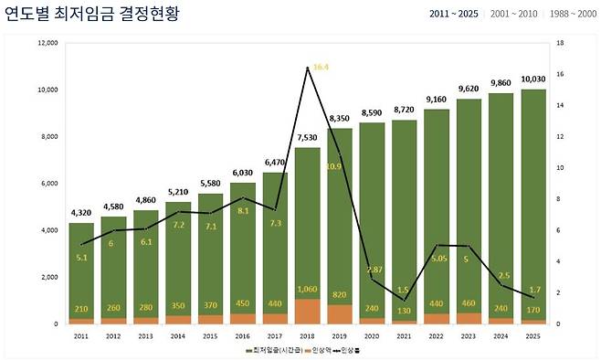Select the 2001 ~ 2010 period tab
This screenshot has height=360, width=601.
512,15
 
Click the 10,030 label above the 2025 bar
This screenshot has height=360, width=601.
533,79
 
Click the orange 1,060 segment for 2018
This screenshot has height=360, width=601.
307,311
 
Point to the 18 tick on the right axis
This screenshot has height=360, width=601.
559,43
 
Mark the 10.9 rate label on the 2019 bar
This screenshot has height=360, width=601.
334,166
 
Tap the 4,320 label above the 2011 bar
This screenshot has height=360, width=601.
81,212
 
